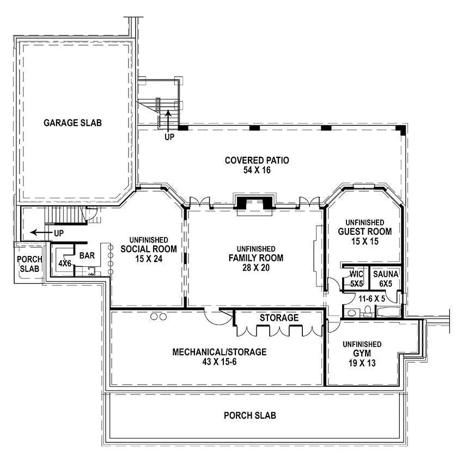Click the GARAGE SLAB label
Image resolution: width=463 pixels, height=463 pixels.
coord(72,123)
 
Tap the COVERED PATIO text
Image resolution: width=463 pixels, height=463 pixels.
coord(257,160)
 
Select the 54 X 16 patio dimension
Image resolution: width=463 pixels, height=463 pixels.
coord(257,170)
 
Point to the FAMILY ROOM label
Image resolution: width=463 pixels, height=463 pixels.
coord(256,258)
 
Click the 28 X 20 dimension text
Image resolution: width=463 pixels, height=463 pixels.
coord(256,268)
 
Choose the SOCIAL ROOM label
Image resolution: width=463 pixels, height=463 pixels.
coord(149,249)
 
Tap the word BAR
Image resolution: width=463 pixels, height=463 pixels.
coord(87,255)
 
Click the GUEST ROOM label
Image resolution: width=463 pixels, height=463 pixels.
coord(365,231)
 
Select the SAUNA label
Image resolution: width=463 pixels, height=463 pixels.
coord(386,274)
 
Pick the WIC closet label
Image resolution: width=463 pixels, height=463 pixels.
coord(356,274)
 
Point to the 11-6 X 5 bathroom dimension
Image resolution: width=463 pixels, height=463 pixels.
coord(371,299)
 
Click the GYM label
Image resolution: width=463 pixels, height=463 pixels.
coord(362,354)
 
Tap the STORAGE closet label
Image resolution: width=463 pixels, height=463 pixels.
coord(279,318)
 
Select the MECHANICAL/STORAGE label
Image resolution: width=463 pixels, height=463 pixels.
coord(220,352)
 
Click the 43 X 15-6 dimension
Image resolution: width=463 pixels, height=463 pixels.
coord(220,362)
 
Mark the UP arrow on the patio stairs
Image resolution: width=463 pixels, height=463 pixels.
coord(168,120)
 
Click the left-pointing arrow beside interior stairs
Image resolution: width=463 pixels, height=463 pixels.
coord(41,233)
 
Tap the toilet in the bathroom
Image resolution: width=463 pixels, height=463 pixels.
coord(368,311)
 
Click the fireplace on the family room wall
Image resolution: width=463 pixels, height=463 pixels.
coord(254,203)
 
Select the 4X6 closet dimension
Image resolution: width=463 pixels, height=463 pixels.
coord(65,264)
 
